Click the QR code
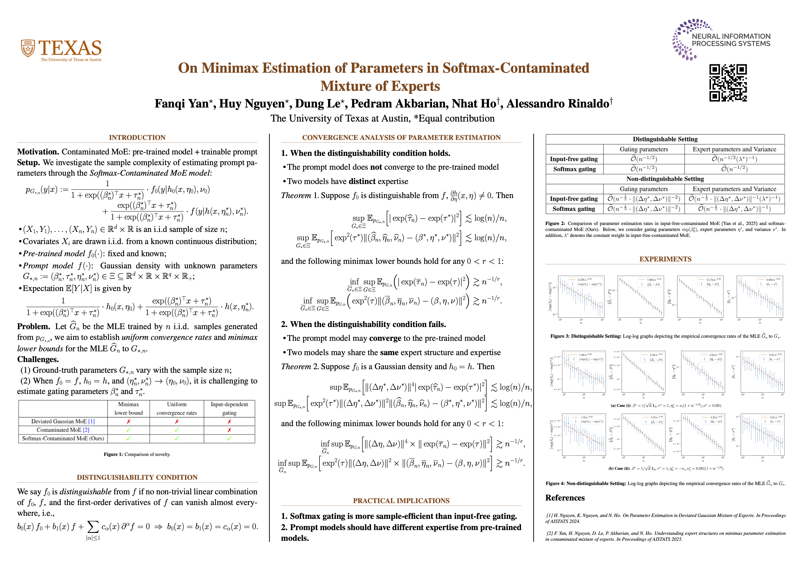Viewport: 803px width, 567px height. (x=728, y=83)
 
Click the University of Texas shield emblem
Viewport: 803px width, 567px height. (x=28, y=48)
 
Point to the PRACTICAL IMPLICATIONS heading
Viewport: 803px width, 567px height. (x=401, y=501)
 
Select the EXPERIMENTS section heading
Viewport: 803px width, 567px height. (x=665, y=259)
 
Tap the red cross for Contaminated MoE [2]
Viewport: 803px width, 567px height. (x=229, y=430)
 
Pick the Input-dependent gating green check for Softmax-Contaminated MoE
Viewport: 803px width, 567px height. (x=229, y=438)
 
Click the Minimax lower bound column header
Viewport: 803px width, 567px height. (x=128, y=408)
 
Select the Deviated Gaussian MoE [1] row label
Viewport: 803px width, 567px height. (x=63, y=421)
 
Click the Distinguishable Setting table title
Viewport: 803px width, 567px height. (x=665, y=139)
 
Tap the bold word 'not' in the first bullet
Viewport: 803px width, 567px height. (x=376, y=167)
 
